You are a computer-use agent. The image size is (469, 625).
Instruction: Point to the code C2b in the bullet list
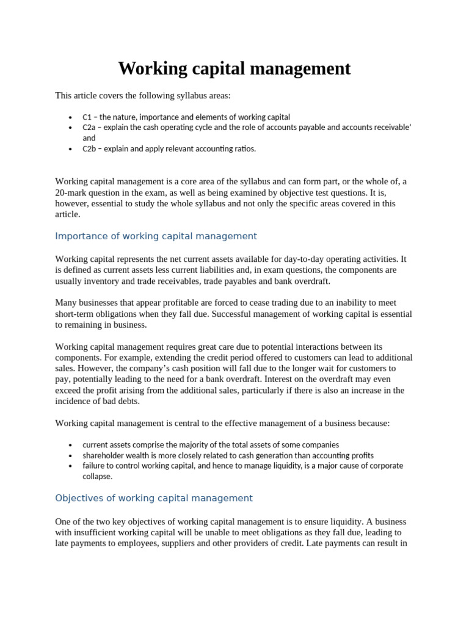(x=90, y=148)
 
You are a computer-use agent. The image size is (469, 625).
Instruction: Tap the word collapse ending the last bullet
(x=97, y=476)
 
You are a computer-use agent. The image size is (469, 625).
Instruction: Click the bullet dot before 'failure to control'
(x=71, y=466)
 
